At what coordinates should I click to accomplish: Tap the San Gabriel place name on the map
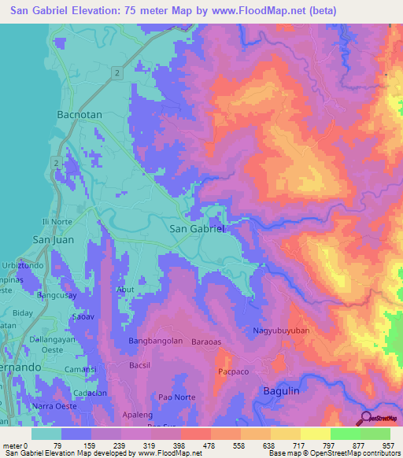coord(198,228)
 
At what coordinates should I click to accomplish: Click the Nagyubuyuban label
coord(281,331)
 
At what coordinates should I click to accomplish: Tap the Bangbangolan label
coord(155,342)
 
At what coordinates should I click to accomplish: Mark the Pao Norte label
coord(177,397)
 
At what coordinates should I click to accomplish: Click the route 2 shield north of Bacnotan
coord(116,72)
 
